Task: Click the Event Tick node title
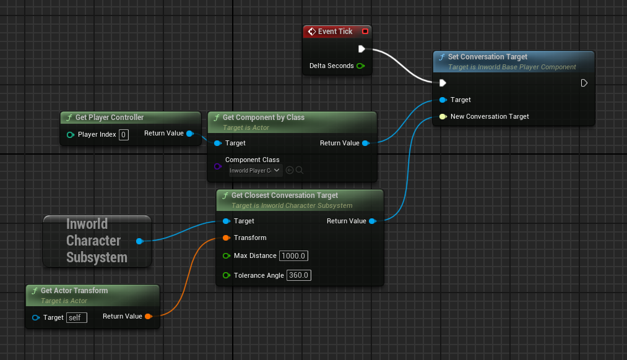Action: click(x=335, y=32)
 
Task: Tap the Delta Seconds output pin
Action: click(x=360, y=66)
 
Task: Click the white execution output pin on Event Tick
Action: click(x=361, y=49)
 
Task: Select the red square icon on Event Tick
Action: click(x=365, y=32)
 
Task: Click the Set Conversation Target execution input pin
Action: click(x=443, y=83)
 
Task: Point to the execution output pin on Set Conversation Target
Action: click(x=584, y=83)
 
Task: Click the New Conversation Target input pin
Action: click(x=443, y=116)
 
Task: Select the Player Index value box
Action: click(x=124, y=134)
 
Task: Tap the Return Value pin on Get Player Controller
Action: click(x=189, y=133)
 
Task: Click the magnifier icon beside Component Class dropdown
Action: click(x=300, y=170)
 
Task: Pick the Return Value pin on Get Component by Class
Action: click(x=365, y=143)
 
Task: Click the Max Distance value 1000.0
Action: click(x=294, y=256)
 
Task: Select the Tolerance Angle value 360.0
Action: click(x=299, y=275)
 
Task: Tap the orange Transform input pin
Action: click(x=226, y=238)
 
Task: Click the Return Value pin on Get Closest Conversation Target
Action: click(x=372, y=221)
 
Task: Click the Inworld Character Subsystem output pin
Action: click(x=139, y=241)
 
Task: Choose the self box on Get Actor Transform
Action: click(x=77, y=317)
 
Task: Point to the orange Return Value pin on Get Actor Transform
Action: click(x=148, y=316)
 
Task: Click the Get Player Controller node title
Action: click(x=109, y=118)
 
